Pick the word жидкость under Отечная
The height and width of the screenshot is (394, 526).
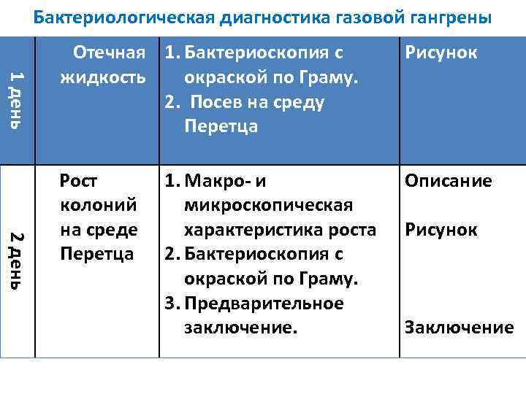(x=103, y=77)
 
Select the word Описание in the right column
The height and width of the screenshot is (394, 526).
(x=449, y=181)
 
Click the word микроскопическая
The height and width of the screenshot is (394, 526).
(x=268, y=206)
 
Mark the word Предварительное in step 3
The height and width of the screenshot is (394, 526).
(x=264, y=304)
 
